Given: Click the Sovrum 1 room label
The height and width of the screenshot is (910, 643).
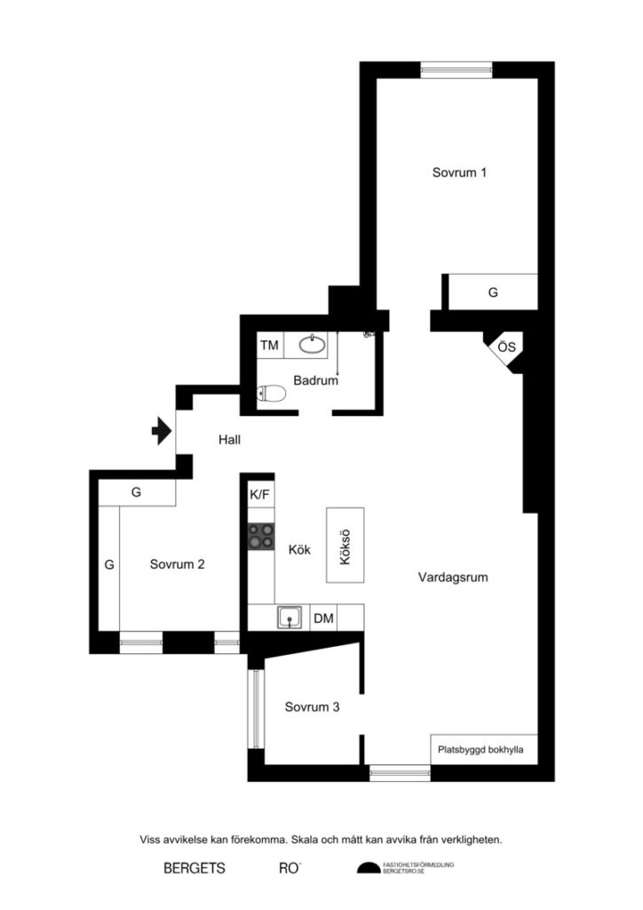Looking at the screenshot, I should pos(459,172).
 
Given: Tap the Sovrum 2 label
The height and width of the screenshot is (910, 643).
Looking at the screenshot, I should pos(178,563).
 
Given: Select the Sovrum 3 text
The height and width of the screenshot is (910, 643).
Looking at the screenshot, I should pos(313,707).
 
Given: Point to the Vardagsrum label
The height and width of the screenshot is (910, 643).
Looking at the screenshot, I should pos(453,578).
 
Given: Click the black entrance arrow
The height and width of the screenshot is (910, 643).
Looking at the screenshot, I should pos(161,431).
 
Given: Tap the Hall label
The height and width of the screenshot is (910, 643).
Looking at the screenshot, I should pos(229,439).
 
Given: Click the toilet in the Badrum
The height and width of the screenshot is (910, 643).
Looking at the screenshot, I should pos(271,394).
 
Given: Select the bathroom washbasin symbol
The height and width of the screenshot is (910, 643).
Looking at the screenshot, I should pos(312,343).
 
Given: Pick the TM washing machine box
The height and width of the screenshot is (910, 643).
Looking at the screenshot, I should pos(269,345).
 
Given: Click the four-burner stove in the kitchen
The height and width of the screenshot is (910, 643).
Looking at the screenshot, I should pos(261,536).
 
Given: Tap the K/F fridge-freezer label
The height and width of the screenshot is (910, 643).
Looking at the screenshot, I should pos(260,495).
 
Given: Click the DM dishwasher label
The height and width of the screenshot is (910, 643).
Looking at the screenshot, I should pos(323,618).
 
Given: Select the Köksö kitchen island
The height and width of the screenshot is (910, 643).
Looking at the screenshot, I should pos(345,546).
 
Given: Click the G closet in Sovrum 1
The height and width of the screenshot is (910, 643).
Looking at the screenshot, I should pos(493,291).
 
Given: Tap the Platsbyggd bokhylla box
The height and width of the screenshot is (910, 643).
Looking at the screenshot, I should pos(480,749).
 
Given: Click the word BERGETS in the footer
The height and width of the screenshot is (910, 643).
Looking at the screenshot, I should pos(194,867).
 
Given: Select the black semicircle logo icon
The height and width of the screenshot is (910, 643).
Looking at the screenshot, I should pos(367,868).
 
